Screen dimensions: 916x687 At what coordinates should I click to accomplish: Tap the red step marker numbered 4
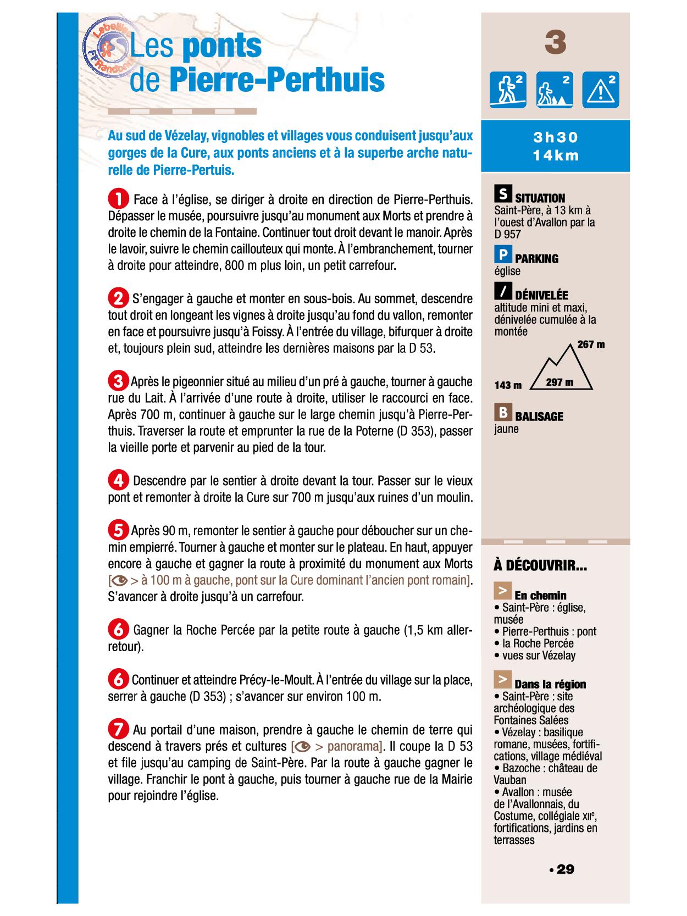click(x=118, y=481)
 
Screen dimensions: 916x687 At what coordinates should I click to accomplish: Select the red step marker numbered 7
click(x=118, y=729)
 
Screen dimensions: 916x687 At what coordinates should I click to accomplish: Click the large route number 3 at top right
click(x=556, y=43)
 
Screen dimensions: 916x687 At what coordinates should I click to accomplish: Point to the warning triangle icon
click(x=601, y=90)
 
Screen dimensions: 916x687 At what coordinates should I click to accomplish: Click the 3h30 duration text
click(x=556, y=137)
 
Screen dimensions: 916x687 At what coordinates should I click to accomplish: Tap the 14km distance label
click(x=556, y=156)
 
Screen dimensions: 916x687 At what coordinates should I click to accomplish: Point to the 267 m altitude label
click(x=591, y=345)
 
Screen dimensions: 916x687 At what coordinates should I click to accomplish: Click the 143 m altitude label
click(x=508, y=385)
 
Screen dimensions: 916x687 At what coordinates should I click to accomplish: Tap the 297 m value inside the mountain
click(x=559, y=382)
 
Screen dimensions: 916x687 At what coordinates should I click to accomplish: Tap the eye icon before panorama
click(x=302, y=746)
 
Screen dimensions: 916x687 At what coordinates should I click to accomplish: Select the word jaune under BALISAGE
click(x=506, y=429)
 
